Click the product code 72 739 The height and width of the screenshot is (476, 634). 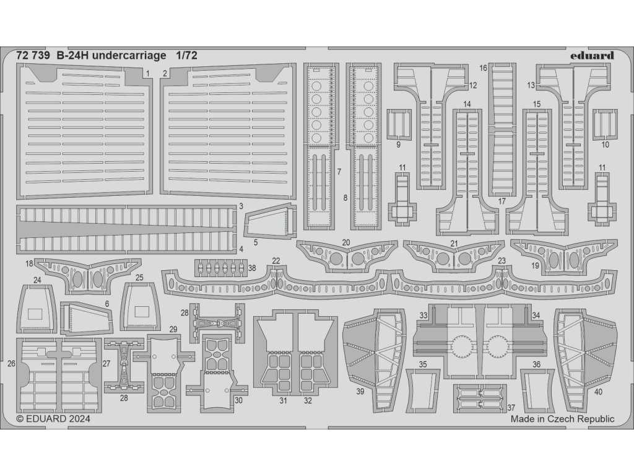pyautogui.click(x=33, y=55)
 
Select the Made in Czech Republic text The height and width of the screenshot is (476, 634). pyautogui.click(x=562, y=419)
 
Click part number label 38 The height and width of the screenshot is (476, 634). pyautogui.click(x=251, y=268)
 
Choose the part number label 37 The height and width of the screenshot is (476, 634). pyautogui.click(x=510, y=407)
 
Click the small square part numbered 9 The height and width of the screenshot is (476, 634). pyautogui.click(x=399, y=123)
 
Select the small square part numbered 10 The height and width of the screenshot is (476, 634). pyautogui.click(x=606, y=123)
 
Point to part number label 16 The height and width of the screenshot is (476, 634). pyautogui.click(x=484, y=68)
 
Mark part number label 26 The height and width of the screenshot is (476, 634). pyautogui.click(x=11, y=364)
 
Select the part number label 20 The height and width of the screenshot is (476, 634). pyautogui.click(x=346, y=242)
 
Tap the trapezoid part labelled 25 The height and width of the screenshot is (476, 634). pyautogui.click(x=141, y=309)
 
